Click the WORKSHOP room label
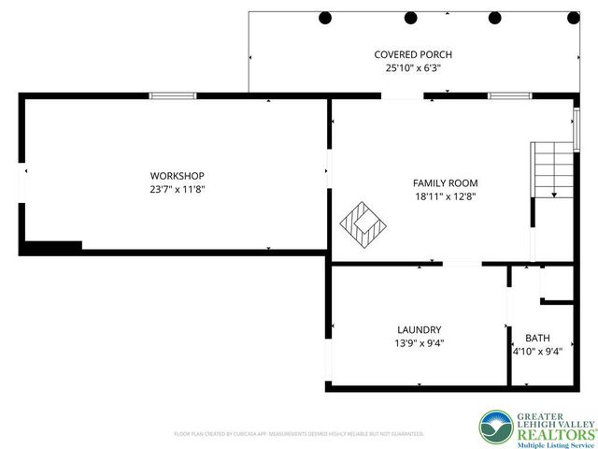(x=178, y=176)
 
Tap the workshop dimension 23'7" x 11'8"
(x=178, y=189)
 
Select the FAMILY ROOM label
(x=446, y=183)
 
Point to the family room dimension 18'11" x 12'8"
(x=446, y=196)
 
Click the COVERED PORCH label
(x=407, y=55)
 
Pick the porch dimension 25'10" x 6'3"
(x=407, y=68)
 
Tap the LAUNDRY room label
(x=420, y=329)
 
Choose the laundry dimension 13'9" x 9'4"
(x=420, y=342)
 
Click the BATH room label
(x=537, y=339)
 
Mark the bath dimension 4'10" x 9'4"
(x=537, y=353)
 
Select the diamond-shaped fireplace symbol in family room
(x=363, y=222)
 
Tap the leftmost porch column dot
(x=325, y=17)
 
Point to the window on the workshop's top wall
(x=173, y=95)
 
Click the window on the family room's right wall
(x=577, y=128)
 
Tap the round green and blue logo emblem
(x=497, y=427)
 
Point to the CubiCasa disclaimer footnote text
(x=299, y=434)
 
